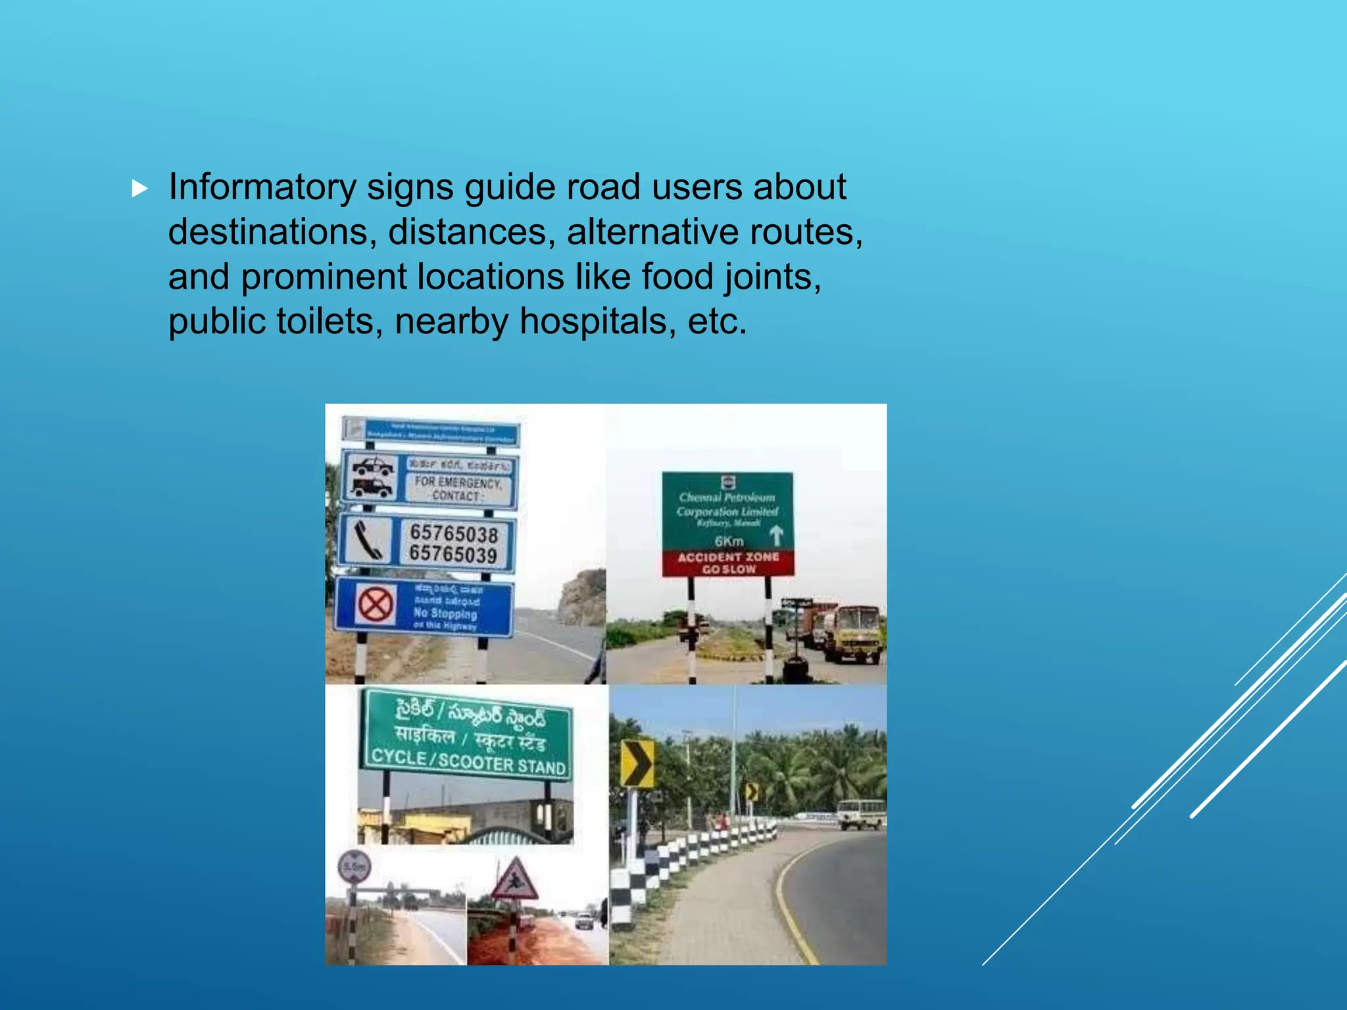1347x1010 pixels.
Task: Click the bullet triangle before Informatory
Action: point(139,189)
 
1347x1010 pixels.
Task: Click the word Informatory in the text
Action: point(262,187)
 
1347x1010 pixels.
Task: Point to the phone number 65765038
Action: point(453,533)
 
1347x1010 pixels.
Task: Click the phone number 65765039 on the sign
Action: point(453,554)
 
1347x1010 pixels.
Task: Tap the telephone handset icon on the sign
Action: point(366,540)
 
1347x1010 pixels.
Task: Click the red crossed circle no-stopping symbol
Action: point(376,604)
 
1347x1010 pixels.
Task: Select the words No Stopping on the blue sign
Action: point(445,613)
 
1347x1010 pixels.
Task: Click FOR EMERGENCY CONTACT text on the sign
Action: point(458,489)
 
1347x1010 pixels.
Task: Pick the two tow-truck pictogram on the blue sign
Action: point(372,477)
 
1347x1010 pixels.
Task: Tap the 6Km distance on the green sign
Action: point(729,541)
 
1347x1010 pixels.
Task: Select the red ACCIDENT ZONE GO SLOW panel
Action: point(728,563)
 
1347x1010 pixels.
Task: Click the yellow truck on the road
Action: point(852,634)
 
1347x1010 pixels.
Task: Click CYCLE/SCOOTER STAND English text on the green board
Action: point(468,761)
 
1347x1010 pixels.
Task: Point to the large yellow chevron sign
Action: point(637,763)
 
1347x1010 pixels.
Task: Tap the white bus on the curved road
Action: point(861,814)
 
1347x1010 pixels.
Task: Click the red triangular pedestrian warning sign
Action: point(515,880)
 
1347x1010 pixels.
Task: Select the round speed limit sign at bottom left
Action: point(354,867)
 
